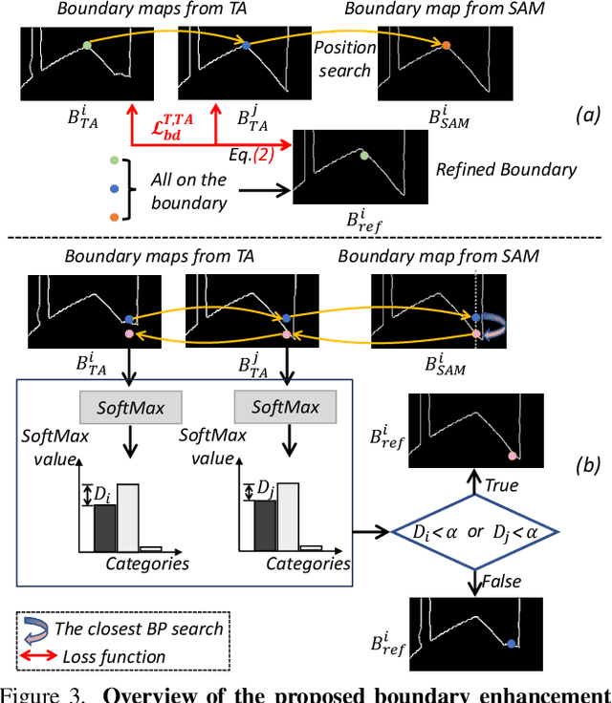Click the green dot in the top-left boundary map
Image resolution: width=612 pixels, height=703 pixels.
[x=86, y=44]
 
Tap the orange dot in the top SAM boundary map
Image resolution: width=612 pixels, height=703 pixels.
[x=447, y=44]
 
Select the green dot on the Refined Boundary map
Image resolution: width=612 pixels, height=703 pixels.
[x=363, y=155]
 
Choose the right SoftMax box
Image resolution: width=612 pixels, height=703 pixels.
[x=285, y=408]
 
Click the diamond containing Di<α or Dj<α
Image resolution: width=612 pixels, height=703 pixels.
[x=475, y=531]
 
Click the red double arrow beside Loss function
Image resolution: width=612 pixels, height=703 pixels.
[x=41, y=656]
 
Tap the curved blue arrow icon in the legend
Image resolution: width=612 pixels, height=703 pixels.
[x=40, y=629]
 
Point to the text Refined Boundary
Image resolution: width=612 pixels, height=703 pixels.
[x=506, y=170]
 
